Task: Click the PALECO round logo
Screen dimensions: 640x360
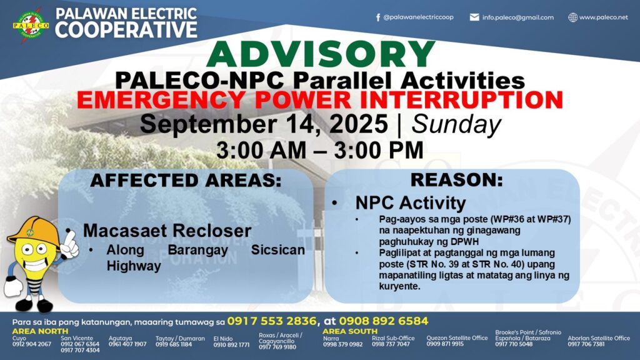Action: pos(31,25)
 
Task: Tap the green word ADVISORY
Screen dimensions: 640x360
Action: pos(321,54)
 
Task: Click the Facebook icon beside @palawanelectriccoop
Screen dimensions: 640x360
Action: pos(378,17)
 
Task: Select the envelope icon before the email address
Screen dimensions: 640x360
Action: pos(474,17)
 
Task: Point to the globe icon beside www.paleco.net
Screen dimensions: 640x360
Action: pos(573,17)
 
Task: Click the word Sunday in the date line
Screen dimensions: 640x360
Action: pos(456,124)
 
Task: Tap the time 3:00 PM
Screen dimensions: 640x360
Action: pos(379,150)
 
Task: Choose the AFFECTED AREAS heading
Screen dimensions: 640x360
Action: pos(186,181)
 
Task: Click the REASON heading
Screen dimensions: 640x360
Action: pos(456,180)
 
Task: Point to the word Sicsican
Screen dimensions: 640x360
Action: pos(277,250)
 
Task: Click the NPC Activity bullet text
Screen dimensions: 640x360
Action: pos(410,203)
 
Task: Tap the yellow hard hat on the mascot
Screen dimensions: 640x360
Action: pos(34,231)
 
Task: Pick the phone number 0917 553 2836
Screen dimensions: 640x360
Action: pos(271,321)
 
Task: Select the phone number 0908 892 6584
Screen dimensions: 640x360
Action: pos(383,321)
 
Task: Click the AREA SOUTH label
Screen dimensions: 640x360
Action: pos(350,331)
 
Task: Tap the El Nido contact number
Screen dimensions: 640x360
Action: pos(231,345)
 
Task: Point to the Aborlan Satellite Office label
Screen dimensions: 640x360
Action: pos(599,338)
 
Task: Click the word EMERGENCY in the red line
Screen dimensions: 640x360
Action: pos(161,100)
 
